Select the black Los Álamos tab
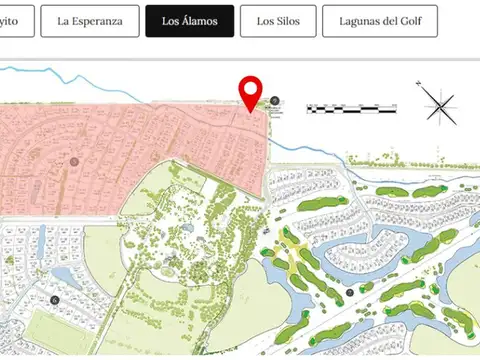click(190, 20)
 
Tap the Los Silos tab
click(277, 20)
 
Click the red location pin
click(251, 93)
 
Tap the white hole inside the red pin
click(251, 89)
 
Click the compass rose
click(440, 104)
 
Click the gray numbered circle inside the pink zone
click(73, 161)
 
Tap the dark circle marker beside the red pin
click(275, 101)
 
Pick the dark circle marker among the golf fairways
click(350, 292)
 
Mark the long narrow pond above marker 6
click(41, 241)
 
